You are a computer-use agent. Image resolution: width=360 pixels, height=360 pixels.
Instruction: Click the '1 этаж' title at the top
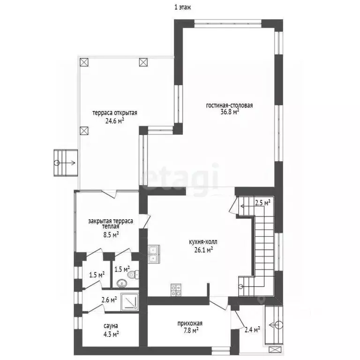point(182,7)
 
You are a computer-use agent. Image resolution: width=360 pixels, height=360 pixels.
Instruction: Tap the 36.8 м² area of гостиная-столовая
point(230,112)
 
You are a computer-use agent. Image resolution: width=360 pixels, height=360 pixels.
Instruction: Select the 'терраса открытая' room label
point(115,113)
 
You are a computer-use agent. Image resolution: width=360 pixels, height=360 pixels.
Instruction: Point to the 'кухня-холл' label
point(203,242)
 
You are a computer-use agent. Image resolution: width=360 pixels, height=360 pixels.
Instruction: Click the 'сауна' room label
point(111,326)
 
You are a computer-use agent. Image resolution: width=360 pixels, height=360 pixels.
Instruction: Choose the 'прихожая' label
point(190,323)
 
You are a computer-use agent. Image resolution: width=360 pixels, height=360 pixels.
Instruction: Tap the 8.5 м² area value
point(111,235)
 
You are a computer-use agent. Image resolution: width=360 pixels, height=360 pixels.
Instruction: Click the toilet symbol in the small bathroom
point(134,274)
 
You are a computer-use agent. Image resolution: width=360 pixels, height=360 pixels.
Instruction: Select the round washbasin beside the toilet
point(122,283)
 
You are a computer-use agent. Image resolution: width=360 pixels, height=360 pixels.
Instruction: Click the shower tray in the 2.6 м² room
point(129,302)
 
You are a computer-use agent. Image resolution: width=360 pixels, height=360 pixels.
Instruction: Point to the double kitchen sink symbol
point(154,254)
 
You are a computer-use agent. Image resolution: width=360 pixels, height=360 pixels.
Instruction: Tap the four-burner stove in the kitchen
point(176,290)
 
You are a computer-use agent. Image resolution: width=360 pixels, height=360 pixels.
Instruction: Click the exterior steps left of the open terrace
point(66,163)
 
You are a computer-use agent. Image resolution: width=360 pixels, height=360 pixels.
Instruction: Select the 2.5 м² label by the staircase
point(262,202)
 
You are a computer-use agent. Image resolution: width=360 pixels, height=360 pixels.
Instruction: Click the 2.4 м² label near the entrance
point(252,330)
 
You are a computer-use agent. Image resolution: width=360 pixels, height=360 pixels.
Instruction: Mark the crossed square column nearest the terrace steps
point(84,131)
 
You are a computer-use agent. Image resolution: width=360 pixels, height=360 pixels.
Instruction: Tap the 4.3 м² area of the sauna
point(111,334)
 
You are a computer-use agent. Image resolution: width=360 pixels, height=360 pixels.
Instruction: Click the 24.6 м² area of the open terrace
point(115,120)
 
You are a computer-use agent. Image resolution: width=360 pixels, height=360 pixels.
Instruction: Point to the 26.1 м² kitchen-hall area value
point(203,250)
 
